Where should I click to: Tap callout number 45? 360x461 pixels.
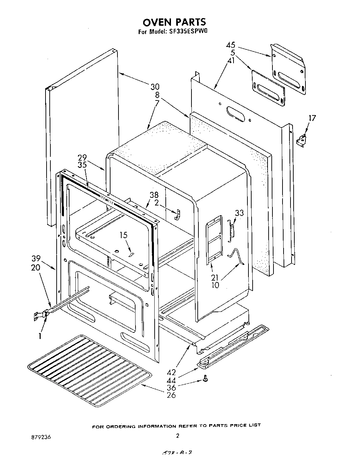coord(231,45)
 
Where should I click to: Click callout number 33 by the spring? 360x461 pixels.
coord(239,213)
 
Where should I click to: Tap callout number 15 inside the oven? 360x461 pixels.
coord(124,235)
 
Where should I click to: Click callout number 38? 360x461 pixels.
coord(154,195)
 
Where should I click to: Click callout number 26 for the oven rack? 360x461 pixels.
coord(171,395)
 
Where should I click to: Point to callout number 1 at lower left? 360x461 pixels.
coord(40,336)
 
